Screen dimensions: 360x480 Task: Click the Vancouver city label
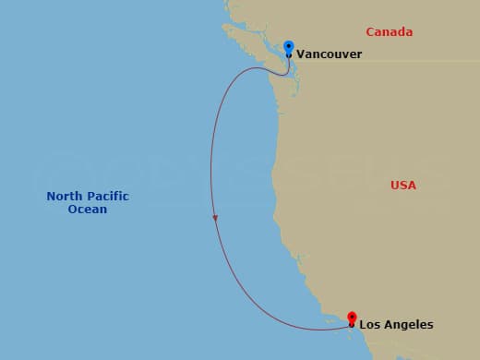(x=329, y=54)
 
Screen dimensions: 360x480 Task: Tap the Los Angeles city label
(x=395, y=325)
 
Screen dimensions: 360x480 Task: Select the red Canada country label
(x=389, y=32)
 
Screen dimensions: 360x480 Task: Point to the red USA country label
(x=403, y=186)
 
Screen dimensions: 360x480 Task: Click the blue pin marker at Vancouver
(x=289, y=46)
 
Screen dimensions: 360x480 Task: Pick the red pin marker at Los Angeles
(x=352, y=318)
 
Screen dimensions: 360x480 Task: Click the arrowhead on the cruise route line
(x=215, y=219)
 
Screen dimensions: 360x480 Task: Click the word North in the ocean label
(x=65, y=197)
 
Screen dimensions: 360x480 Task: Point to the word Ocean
(x=88, y=210)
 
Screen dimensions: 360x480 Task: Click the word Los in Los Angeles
(x=369, y=325)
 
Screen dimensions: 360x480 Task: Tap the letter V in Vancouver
(x=300, y=54)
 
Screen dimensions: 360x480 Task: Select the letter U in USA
(x=395, y=186)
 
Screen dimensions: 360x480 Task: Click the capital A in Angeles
(x=386, y=325)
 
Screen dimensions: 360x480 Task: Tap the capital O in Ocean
(x=73, y=210)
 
